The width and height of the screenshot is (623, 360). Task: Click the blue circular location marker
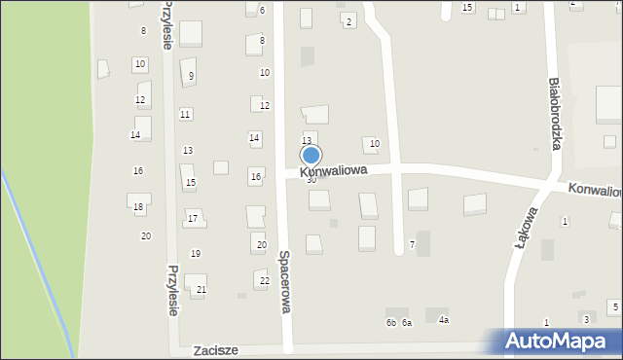point(311,155)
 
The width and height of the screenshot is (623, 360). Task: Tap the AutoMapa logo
point(559,342)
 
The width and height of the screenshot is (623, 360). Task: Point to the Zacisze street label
point(216,349)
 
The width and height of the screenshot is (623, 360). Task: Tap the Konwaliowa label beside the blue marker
point(332,170)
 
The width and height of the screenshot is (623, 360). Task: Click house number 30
point(311,180)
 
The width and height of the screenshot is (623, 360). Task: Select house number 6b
point(391,323)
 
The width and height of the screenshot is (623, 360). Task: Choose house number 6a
point(407,323)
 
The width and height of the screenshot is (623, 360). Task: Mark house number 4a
point(444,320)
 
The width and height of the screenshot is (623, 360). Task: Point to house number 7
point(412,244)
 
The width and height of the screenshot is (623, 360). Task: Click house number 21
point(202,290)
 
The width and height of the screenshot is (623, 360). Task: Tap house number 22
point(264,280)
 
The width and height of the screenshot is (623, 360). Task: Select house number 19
point(196,254)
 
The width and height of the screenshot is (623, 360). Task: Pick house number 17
point(193,218)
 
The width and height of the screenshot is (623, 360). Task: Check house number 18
point(138,207)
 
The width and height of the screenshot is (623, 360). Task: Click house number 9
point(191,76)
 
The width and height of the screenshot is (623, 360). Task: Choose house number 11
point(185,115)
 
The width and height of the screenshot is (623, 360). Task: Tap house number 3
point(585,319)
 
